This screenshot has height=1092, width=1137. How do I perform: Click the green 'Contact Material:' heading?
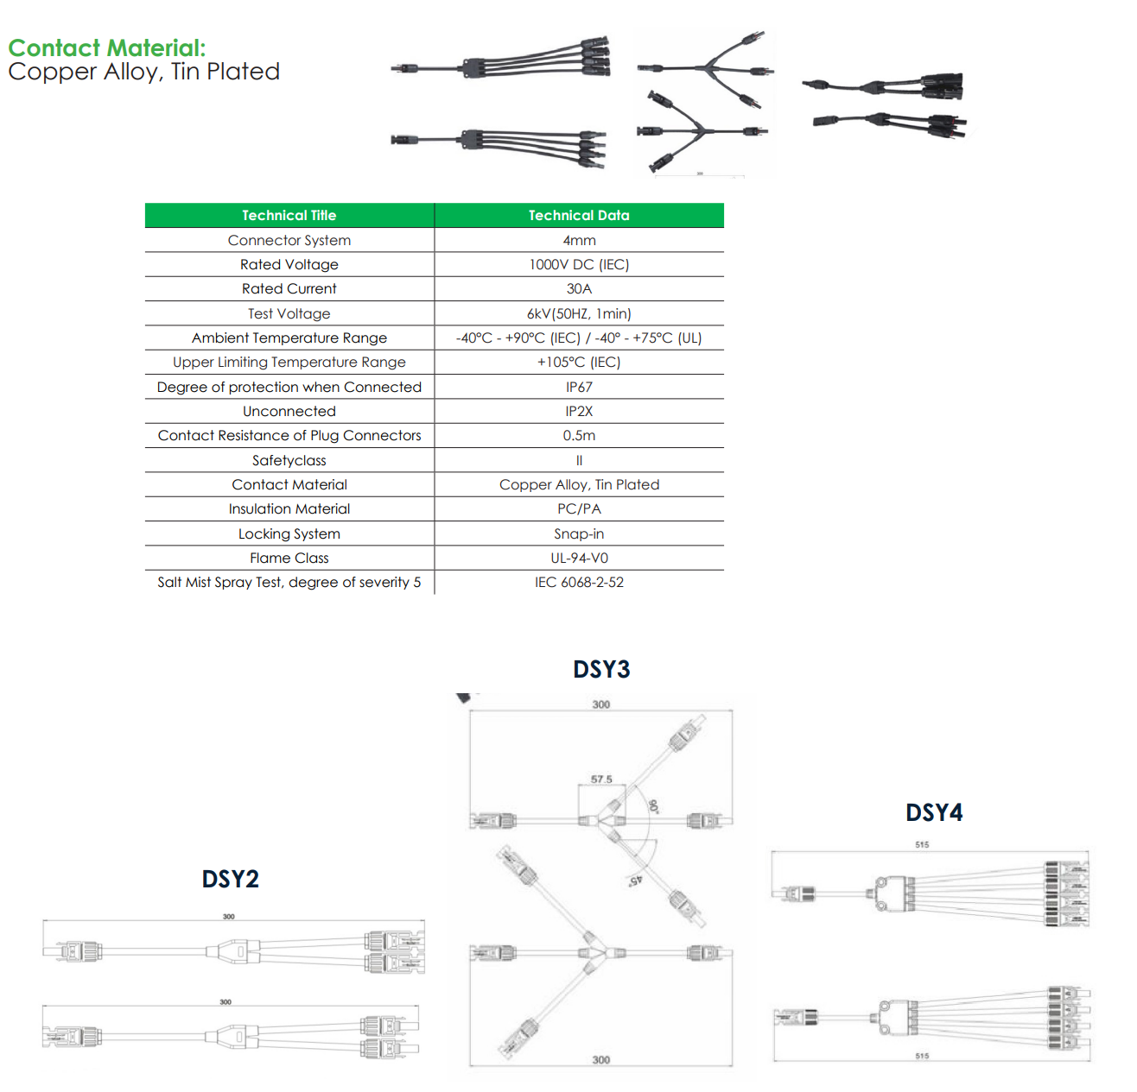point(107,48)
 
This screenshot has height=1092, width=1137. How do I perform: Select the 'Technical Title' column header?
point(289,216)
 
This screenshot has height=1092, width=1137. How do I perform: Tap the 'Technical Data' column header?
point(579,216)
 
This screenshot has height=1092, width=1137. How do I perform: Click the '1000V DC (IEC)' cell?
point(579,265)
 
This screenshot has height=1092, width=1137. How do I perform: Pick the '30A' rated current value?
point(579,289)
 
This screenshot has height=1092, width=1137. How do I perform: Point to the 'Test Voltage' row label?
point(289,314)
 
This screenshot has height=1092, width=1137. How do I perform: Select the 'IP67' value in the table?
point(579,388)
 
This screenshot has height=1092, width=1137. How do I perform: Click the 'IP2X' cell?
point(579,412)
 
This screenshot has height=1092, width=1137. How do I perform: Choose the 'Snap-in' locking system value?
point(579,534)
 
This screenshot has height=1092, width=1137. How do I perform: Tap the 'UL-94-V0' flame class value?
point(579,559)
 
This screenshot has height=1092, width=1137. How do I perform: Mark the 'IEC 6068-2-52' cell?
point(579,583)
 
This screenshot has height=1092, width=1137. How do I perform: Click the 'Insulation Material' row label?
point(289,509)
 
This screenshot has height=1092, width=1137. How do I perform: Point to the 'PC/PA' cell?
point(579,509)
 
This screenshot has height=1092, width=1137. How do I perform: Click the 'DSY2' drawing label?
point(230,880)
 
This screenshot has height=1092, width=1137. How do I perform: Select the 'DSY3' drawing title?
point(601,670)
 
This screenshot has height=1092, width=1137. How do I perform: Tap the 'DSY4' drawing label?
point(934,813)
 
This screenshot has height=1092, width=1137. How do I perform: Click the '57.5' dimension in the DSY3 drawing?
point(601,780)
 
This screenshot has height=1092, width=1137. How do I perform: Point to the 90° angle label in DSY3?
point(654,807)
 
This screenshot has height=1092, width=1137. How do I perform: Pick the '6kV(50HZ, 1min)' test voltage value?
point(579,314)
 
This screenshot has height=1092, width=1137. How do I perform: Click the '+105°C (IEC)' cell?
point(579,363)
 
